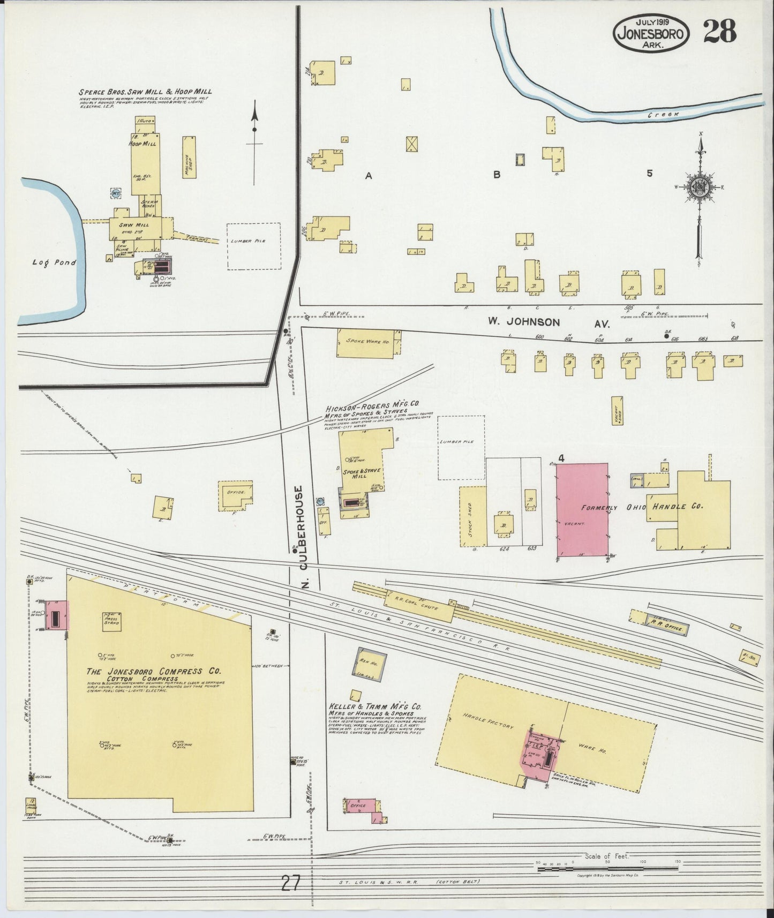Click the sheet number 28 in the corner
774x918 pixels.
coord(719,31)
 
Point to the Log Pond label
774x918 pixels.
coord(46,262)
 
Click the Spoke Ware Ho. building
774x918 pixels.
coord(369,343)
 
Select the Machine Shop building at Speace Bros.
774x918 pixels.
coord(189,157)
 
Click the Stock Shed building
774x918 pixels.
coord(473,516)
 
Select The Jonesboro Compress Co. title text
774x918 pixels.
coord(154,671)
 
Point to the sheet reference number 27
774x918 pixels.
coord(290,881)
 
